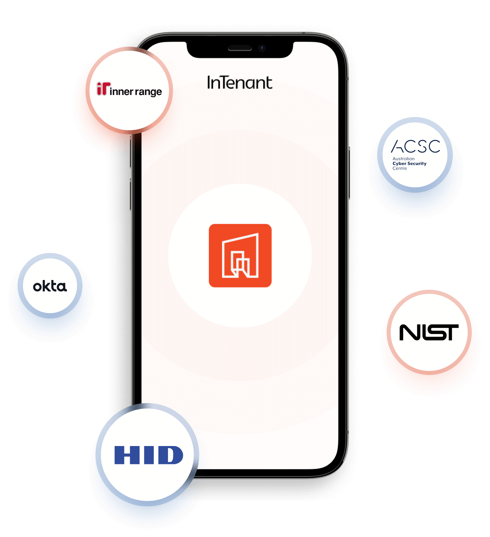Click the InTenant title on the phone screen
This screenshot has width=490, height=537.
(240, 83)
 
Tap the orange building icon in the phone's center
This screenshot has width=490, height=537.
(240, 256)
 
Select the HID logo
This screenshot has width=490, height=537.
(149, 455)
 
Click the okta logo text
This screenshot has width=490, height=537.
(50, 286)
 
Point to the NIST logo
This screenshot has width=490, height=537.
(429, 332)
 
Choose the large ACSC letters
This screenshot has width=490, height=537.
(416, 146)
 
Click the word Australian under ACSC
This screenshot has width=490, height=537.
(403, 159)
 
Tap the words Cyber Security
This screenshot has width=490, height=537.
(410, 164)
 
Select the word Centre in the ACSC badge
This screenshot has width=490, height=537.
(399, 168)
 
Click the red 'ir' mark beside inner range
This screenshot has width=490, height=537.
(103, 89)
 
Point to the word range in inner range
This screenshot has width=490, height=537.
(148, 92)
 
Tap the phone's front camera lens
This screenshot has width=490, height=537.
(262, 48)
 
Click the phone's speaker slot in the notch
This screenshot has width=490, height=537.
(240, 48)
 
